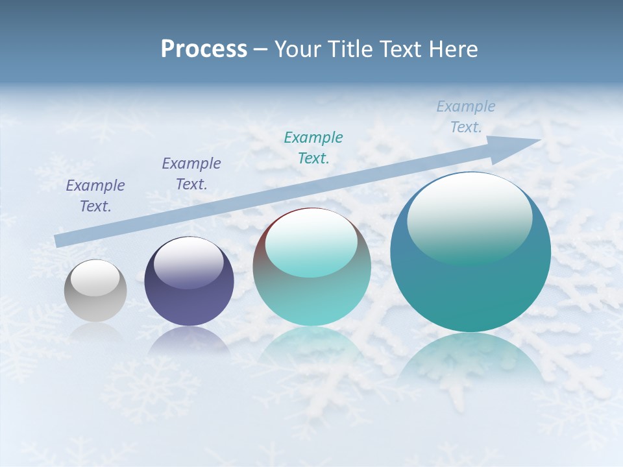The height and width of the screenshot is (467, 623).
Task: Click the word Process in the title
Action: coord(204,49)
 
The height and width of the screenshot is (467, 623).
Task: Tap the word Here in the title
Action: coord(452,49)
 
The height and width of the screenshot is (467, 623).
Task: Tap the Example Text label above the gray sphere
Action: coord(95,196)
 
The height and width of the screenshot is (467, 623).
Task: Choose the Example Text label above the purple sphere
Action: coord(191,174)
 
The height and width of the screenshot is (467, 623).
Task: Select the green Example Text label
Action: coord(313,148)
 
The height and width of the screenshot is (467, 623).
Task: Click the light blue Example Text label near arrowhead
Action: coord(466,117)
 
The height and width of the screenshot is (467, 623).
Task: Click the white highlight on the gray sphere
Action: coord(95,278)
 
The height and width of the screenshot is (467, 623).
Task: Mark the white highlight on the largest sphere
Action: coord(469,217)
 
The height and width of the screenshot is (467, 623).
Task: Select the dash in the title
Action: coord(261,50)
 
